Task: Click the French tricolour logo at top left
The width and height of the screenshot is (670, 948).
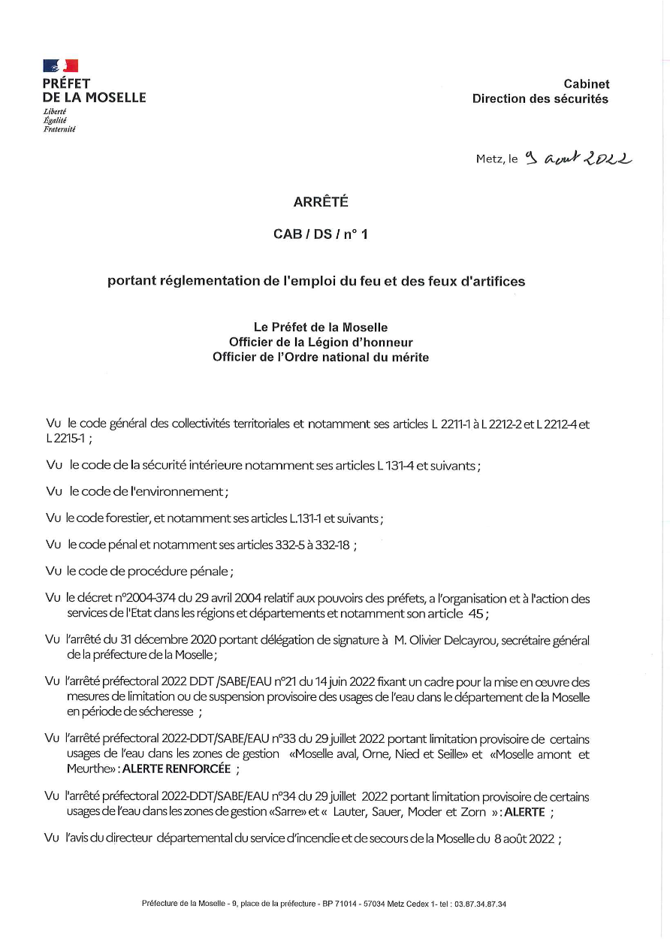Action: [x=61, y=66]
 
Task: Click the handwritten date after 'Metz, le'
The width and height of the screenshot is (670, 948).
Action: [x=578, y=159]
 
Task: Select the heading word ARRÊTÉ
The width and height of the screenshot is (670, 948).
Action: [x=321, y=201]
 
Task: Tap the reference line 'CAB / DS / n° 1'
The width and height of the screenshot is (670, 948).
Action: [x=321, y=234]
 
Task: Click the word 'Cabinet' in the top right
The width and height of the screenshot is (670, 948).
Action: [x=587, y=84]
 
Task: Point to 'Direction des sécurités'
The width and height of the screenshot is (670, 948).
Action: [x=540, y=98]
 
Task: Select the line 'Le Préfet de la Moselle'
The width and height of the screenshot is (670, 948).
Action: [x=321, y=328]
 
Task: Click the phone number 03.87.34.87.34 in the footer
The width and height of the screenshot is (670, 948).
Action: [x=480, y=904]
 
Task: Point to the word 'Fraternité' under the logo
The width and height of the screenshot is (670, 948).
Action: [x=59, y=128]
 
